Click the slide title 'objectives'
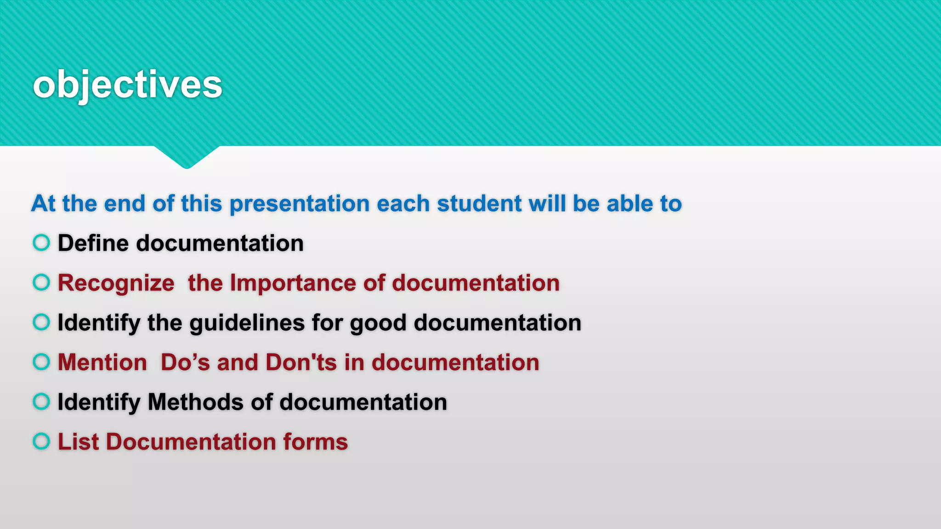[127, 85]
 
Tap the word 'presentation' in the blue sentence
[300, 204]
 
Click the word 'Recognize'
[116, 283]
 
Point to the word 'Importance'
[293, 283]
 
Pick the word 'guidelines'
[247, 323]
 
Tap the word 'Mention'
[102, 362]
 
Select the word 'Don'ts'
[301, 362]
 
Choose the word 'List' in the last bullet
[78, 442]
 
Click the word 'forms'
[315, 442]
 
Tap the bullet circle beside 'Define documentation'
[41, 242]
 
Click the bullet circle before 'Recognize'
[41, 282]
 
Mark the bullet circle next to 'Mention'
[41, 362]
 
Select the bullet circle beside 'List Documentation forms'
[41, 441]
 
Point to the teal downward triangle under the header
[187, 156]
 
